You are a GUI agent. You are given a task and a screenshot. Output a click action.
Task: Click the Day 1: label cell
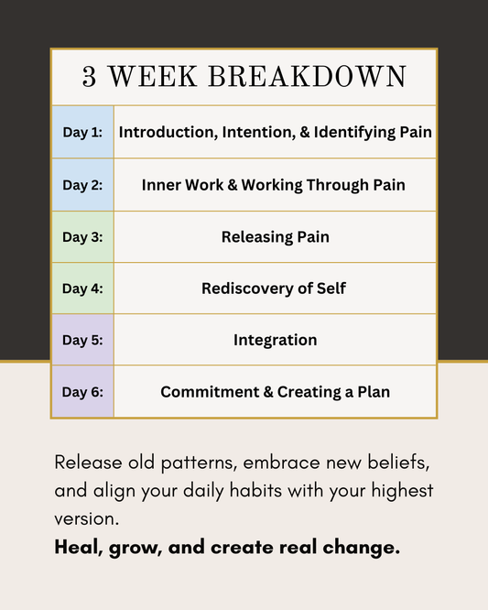(x=82, y=132)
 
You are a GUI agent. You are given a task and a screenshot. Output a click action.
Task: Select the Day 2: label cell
(x=82, y=184)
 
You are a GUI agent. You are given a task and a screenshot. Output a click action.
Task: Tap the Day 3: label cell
(x=82, y=236)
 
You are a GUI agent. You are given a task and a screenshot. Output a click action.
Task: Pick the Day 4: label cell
(x=82, y=289)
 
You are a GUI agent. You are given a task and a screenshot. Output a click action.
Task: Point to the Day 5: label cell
(x=82, y=340)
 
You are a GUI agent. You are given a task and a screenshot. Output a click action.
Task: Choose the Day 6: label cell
(x=82, y=392)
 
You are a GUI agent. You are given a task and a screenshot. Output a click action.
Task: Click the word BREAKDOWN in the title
(x=308, y=78)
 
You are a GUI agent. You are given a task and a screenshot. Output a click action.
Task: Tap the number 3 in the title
(x=90, y=78)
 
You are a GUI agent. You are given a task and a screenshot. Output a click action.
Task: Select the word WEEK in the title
(x=154, y=78)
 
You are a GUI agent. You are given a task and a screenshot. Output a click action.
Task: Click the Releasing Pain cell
(x=275, y=236)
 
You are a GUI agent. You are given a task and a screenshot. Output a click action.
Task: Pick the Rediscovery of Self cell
(x=275, y=289)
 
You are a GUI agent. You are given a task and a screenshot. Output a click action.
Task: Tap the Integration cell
(x=275, y=340)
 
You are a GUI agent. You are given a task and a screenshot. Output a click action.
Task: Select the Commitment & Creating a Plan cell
(x=275, y=392)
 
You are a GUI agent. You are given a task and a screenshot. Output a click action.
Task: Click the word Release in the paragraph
(x=84, y=461)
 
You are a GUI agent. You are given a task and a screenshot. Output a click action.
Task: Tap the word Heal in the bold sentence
(x=73, y=548)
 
